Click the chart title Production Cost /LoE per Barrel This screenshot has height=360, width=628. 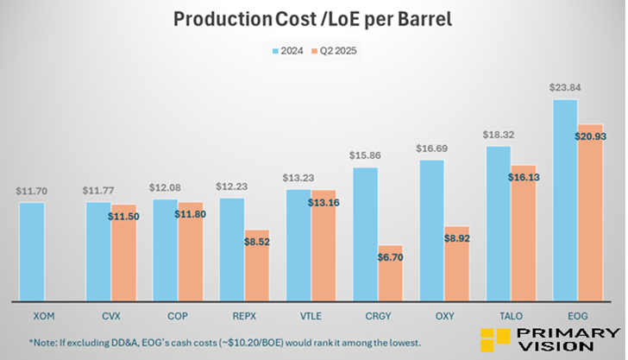[x=313, y=19]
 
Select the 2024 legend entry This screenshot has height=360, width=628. [x=292, y=51]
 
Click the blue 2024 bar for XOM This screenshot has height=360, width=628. [x=31, y=250]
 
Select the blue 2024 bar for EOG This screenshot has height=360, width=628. [x=565, y=199]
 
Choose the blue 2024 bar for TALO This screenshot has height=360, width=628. [x=498, y=223]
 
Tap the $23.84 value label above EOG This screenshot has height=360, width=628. [x=565, y=87]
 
